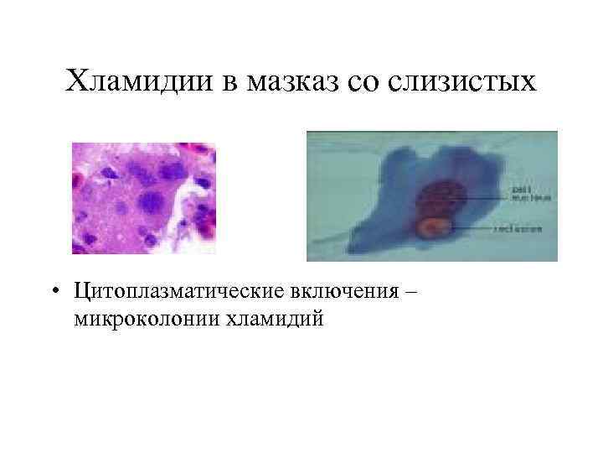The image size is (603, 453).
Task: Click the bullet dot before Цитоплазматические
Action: coord(54,294)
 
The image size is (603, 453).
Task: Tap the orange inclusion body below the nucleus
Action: coord(434,227)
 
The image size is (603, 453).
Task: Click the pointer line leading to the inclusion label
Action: coord(477,227)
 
